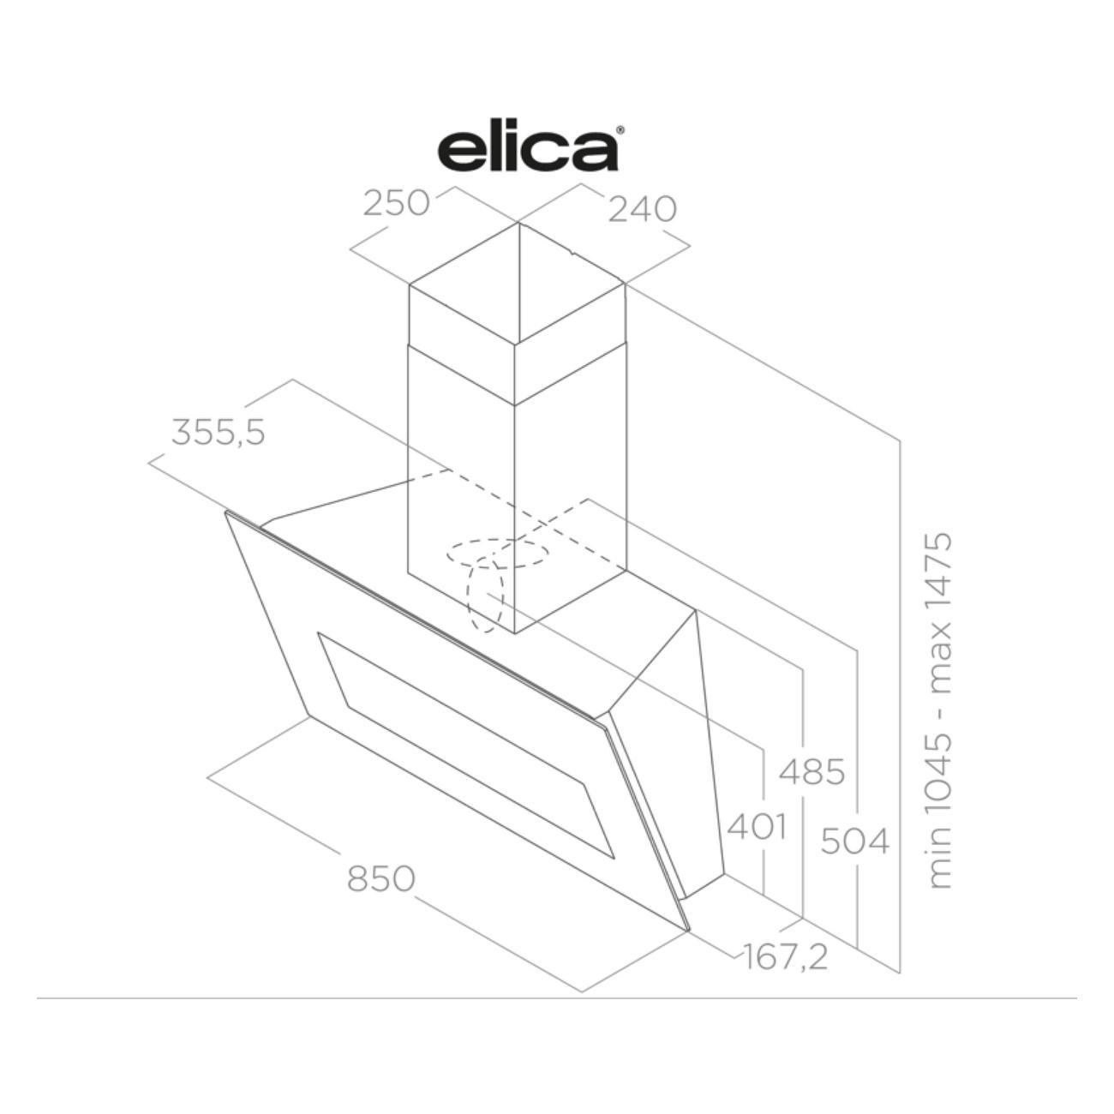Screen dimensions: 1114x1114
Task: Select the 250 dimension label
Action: (397, 203)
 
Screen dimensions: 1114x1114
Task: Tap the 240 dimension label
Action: (643, 209)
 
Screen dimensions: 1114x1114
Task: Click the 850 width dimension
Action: (381, 878)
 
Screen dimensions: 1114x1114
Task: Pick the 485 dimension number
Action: (812, 771)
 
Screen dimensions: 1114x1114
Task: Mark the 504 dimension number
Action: (855, 841)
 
